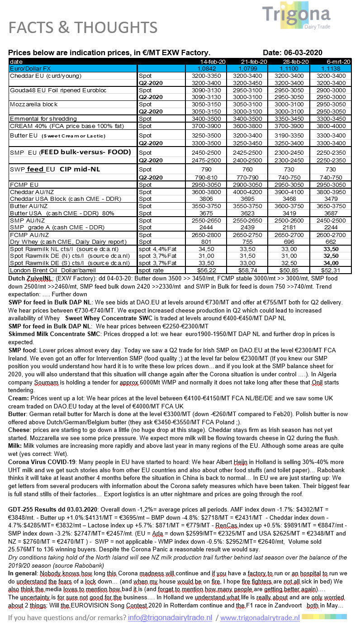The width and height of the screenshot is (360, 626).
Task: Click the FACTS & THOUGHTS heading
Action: tap(83, 28)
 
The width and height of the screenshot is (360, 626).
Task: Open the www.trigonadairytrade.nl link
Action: tap(260, 617)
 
